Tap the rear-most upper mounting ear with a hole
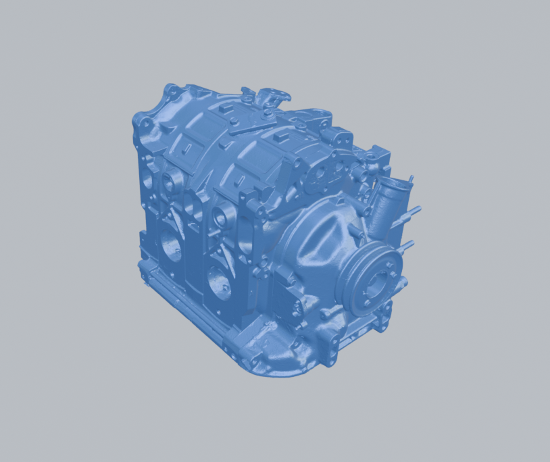(x=172, y=90)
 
